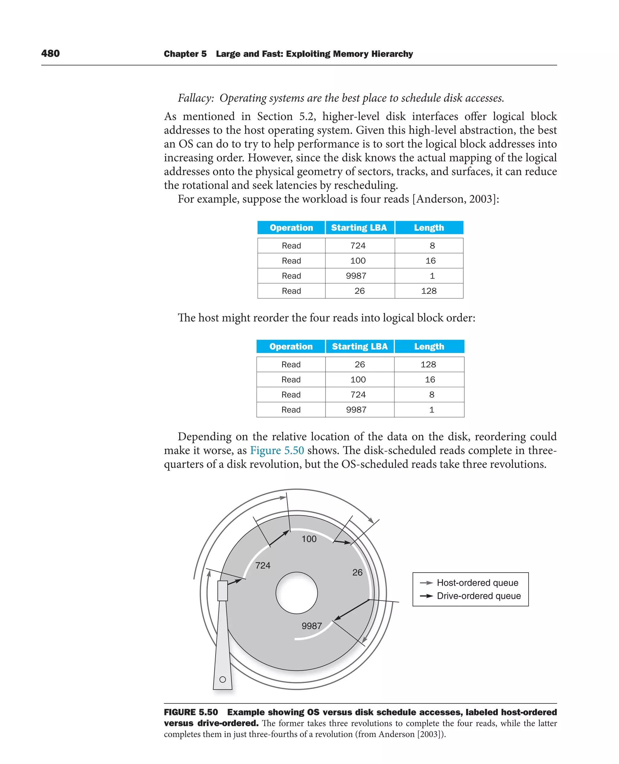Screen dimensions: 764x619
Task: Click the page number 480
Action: (50, 54)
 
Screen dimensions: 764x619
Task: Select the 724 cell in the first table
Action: (358, 246)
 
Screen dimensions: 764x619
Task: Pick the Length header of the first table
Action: (429, 228)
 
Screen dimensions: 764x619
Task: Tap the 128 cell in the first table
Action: (429, 291)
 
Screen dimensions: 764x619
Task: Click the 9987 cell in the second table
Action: (356, 410)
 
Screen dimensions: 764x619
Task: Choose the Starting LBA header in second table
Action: (359, 347)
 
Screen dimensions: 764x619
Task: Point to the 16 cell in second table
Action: (430, 380)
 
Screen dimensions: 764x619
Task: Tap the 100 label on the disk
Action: (309, 539)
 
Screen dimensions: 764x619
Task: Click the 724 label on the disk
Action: (263, 565)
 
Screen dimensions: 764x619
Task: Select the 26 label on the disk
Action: (357, 572)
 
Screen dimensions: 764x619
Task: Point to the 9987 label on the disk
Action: (312, 626)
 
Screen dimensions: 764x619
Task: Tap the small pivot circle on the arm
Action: (222, 679)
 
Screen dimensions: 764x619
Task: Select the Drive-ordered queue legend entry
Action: (478, 596)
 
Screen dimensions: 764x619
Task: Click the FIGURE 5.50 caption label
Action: (191, 712)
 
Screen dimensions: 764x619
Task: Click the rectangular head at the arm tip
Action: (222, 591)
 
